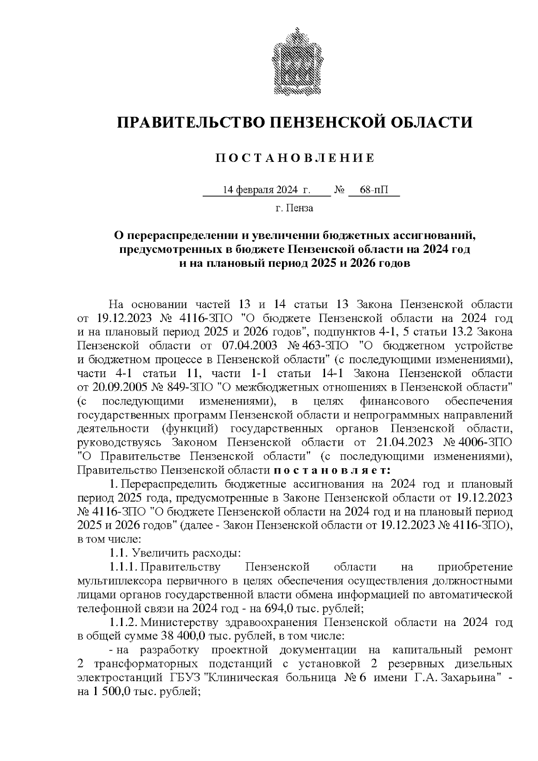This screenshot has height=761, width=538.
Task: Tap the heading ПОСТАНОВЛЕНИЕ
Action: tap(295, 158)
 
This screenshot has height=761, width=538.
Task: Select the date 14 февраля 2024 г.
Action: tap(266, 190)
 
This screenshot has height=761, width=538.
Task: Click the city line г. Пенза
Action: tap(295, 208)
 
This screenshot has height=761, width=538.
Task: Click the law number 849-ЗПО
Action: tap(191, 387)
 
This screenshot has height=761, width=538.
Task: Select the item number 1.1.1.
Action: tap(123, 567)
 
